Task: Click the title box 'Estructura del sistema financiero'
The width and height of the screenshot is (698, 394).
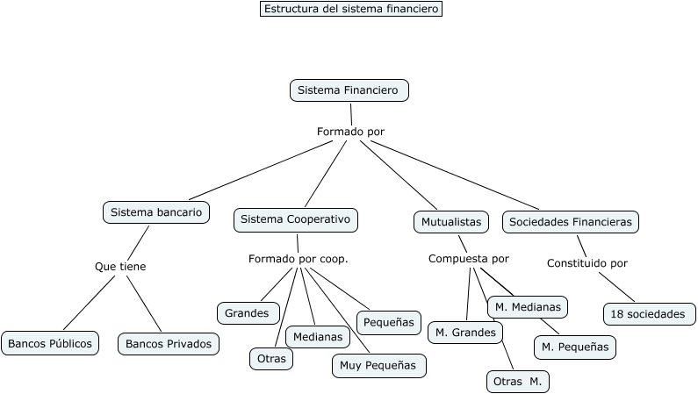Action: pos(351,9)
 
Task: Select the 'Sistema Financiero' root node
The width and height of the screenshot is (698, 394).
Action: pos(349,90)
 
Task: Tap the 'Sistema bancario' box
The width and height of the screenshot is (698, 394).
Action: pos(156,212)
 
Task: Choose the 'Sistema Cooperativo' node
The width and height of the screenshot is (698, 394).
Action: pos(296,219)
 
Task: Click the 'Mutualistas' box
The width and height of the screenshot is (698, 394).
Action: pos(451,222)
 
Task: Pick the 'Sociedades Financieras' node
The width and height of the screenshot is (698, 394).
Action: pos(570,222)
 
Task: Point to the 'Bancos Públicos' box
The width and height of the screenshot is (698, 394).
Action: pos(50,343)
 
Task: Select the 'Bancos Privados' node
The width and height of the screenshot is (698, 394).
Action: pos(169,344)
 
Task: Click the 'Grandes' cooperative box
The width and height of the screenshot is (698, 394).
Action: pos(248,313)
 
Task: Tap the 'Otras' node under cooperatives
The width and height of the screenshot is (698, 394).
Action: pos(271,358)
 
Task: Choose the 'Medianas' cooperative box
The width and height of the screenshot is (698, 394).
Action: pos(318,337)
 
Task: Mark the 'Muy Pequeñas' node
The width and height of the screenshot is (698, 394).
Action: pos(378,366)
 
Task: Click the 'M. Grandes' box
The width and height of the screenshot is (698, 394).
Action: pos(465,333)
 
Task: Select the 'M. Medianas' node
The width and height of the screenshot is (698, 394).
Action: pos(528,307)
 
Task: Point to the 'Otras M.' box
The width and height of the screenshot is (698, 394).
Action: pos(518,382)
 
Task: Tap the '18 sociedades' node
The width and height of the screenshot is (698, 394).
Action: pos(650,314)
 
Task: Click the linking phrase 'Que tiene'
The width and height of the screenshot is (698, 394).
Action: pos(120,267)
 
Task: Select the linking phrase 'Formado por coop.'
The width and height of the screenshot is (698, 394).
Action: pos(299,259)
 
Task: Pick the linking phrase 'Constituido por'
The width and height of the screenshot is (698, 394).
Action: pos(587,263)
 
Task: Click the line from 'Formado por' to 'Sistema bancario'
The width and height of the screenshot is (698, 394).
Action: pos(261,170)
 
